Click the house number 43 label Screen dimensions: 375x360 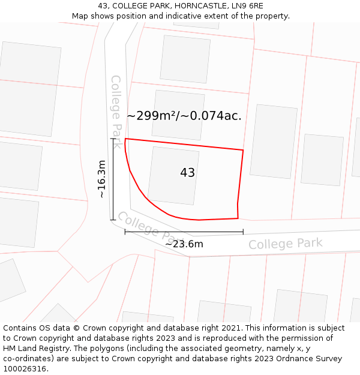(187, 173)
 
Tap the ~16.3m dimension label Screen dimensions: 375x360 (102, 179)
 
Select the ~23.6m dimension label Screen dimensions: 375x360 (184, 244)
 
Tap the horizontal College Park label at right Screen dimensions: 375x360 (286, 244)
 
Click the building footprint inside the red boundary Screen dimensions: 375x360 (173, 175)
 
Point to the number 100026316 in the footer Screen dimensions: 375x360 (25, 369)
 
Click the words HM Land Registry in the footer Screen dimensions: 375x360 (34, 349)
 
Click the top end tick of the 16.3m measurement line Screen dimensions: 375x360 (112, 139)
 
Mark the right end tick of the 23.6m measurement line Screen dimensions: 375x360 (243, 232)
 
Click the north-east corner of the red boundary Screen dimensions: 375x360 (243, 150)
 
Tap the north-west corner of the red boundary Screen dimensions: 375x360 (125, 139)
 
